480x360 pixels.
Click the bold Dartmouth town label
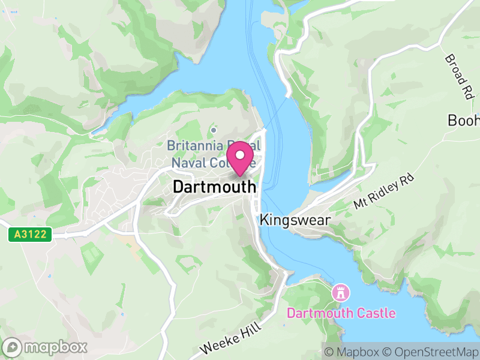(214, 187)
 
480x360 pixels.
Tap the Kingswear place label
(295, 220)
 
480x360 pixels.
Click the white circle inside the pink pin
(241, 155)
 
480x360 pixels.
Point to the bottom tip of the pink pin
(241, 176)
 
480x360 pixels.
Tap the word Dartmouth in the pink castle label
(316, 313)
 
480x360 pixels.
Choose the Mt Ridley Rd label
(384, 193)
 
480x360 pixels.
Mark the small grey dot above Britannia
(213, 130)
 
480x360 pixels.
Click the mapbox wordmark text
(55, 347)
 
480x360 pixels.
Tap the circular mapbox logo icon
(13, 347)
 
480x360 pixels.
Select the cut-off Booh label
(464, 120)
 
